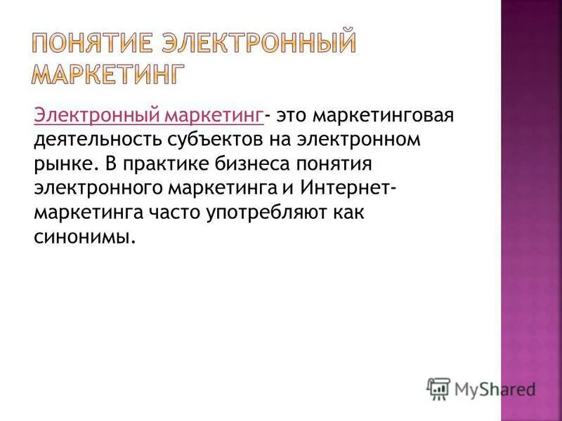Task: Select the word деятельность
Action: (x=97, y=139)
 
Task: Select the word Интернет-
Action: (x=347, y=188)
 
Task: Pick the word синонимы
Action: (x=84, y=236)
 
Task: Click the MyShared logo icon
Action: (x=438, y=388)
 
